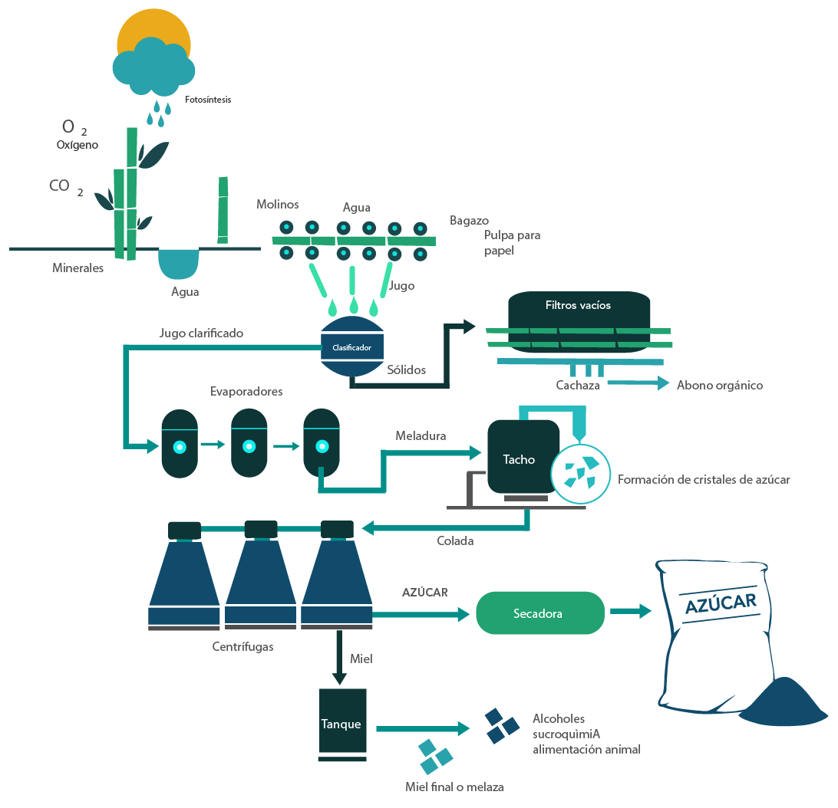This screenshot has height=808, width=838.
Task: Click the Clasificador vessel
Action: (351, 347)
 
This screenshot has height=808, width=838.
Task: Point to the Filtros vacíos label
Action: (578, 305)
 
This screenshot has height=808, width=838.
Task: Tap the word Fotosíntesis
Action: (208, 100)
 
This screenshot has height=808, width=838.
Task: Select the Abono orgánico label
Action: (720, 386)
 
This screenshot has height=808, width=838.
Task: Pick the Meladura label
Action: (421, 436)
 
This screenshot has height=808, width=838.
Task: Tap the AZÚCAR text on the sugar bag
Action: (720, 603)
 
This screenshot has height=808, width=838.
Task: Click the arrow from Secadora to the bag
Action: (630, 612)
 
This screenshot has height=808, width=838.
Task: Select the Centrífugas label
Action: (242, 646)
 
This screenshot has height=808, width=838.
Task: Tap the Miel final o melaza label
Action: (454, 787)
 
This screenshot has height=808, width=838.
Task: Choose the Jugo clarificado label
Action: (201, 333)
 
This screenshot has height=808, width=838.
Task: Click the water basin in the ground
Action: (179, 263)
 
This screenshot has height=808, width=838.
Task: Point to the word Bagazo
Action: (469, 221)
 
